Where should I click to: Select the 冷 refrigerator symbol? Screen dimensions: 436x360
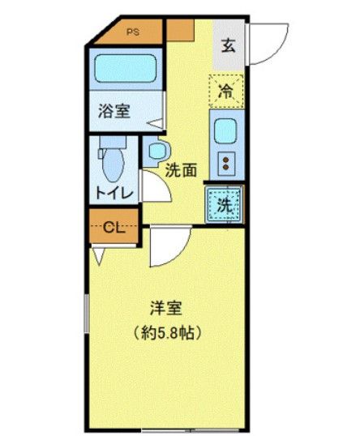coord(226,92)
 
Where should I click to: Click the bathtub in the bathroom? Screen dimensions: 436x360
coord(124,71)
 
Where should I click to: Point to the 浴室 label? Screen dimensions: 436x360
coord(114,113)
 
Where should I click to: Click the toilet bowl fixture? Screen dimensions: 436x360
coord(112,162)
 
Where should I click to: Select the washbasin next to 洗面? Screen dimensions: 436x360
coord(156,151)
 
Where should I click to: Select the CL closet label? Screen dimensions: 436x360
coord(114,228)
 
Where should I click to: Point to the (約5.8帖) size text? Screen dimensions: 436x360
coord(167,332)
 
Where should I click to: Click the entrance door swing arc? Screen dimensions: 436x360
coord(268,42)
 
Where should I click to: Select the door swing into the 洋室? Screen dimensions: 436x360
coord(169,247)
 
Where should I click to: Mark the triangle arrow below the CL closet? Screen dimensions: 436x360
coord(99,256)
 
